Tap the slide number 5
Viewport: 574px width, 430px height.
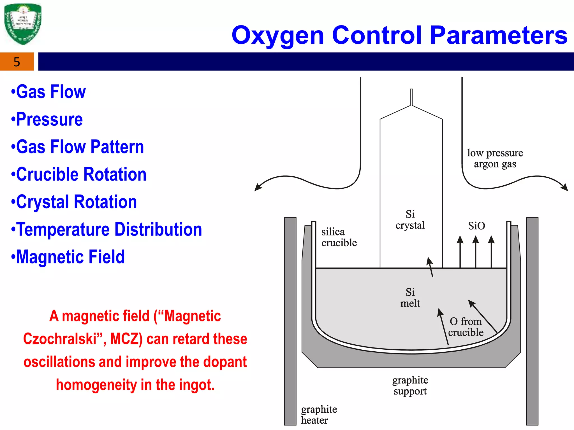pos(17,62)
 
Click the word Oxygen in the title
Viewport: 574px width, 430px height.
pos(278,36)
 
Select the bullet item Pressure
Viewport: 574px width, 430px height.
pos(49,119)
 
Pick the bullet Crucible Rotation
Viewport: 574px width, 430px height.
pos(81,174)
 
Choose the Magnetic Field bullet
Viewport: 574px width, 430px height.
pos(70,257)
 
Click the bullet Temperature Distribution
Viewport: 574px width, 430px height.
pos(109,230)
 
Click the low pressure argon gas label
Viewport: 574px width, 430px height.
pos(495,158)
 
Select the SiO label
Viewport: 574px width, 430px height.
pos(476,226)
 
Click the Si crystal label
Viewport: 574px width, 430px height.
pos(410,220)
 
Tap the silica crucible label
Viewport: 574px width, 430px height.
pos(339,237)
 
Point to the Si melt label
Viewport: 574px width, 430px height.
pos(410,298)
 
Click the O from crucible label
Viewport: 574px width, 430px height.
pos(466,327)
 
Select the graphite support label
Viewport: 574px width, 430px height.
pos(410,386)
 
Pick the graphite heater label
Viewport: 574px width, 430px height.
pos(319,415)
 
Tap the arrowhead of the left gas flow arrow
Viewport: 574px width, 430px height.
pos(258,188)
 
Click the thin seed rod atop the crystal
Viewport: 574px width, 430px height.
pos(411,97)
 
